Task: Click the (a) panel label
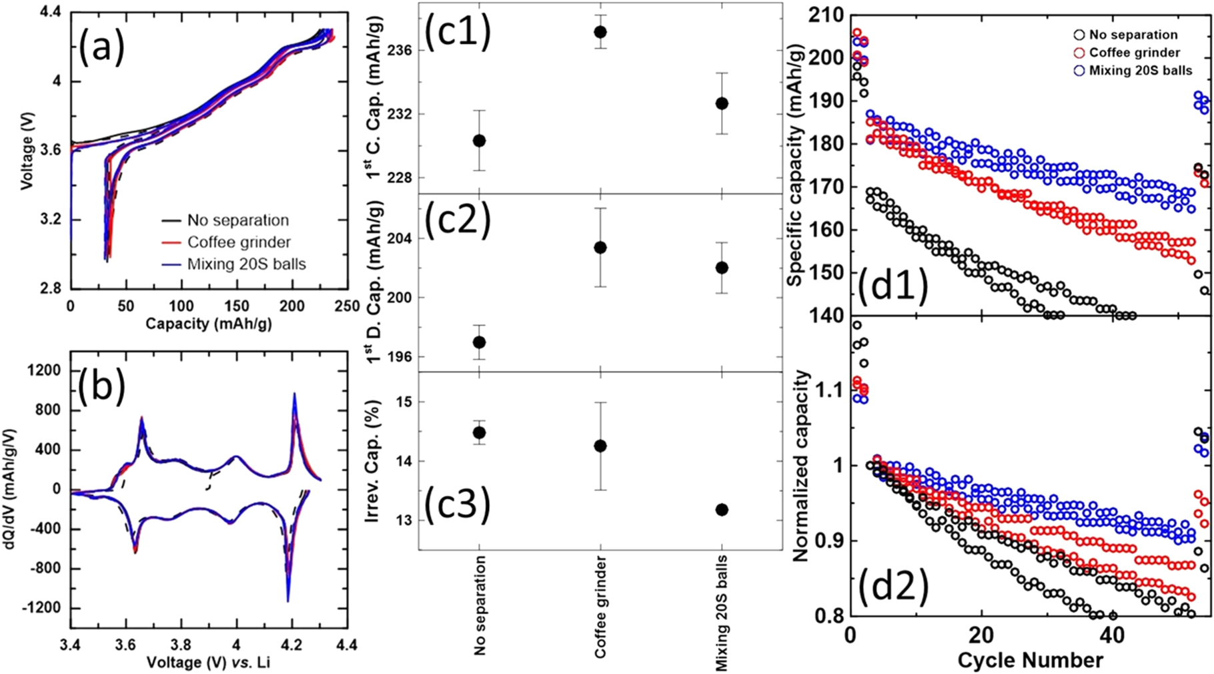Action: [x=101, y=49]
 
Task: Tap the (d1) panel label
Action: [x=892, y=286]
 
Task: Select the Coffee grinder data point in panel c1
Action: [x=600, y=32]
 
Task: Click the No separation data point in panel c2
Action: [x=479, y=342]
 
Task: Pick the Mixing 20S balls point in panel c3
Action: [x=722, y=510]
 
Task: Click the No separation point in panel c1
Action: [x=479, y=141]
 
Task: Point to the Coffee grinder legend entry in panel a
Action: [x=238, y=242]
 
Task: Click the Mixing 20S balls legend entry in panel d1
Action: [x=1140, y=70]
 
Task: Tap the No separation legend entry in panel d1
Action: [x=1133, y=35]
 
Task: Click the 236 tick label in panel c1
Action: [x=399, y=51]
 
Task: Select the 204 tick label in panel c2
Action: [x=399, y=238]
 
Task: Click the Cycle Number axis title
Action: [x=1030, y=660]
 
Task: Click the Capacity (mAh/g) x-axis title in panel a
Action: [x=208, y=324]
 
